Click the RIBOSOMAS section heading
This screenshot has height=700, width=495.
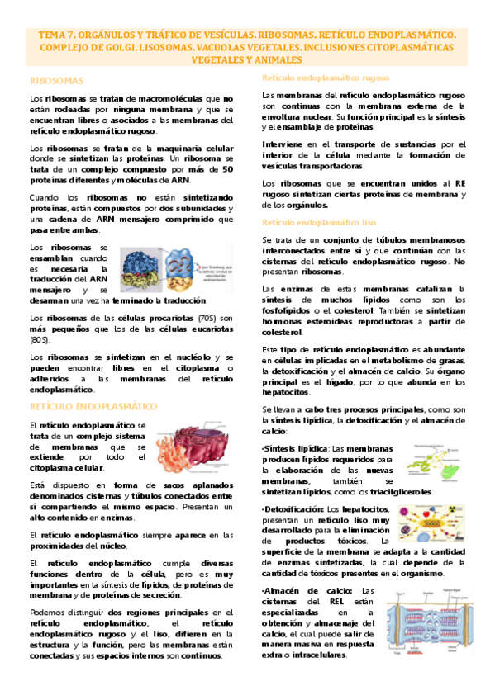pyautogui.click(x=57, y=81)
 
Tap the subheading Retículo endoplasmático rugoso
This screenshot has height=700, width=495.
pyautogui.click(x=326, y=78)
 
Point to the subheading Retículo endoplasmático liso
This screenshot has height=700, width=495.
pyautogui.click(x=319, y=223)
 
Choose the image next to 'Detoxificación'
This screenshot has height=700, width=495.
pyautogui.click(x=430, y=522)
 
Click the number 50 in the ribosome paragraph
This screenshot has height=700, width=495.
pyautogui.click(x=227, y=168)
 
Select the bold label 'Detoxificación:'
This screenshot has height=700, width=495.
pyautogui.click(x=293, y=508)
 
